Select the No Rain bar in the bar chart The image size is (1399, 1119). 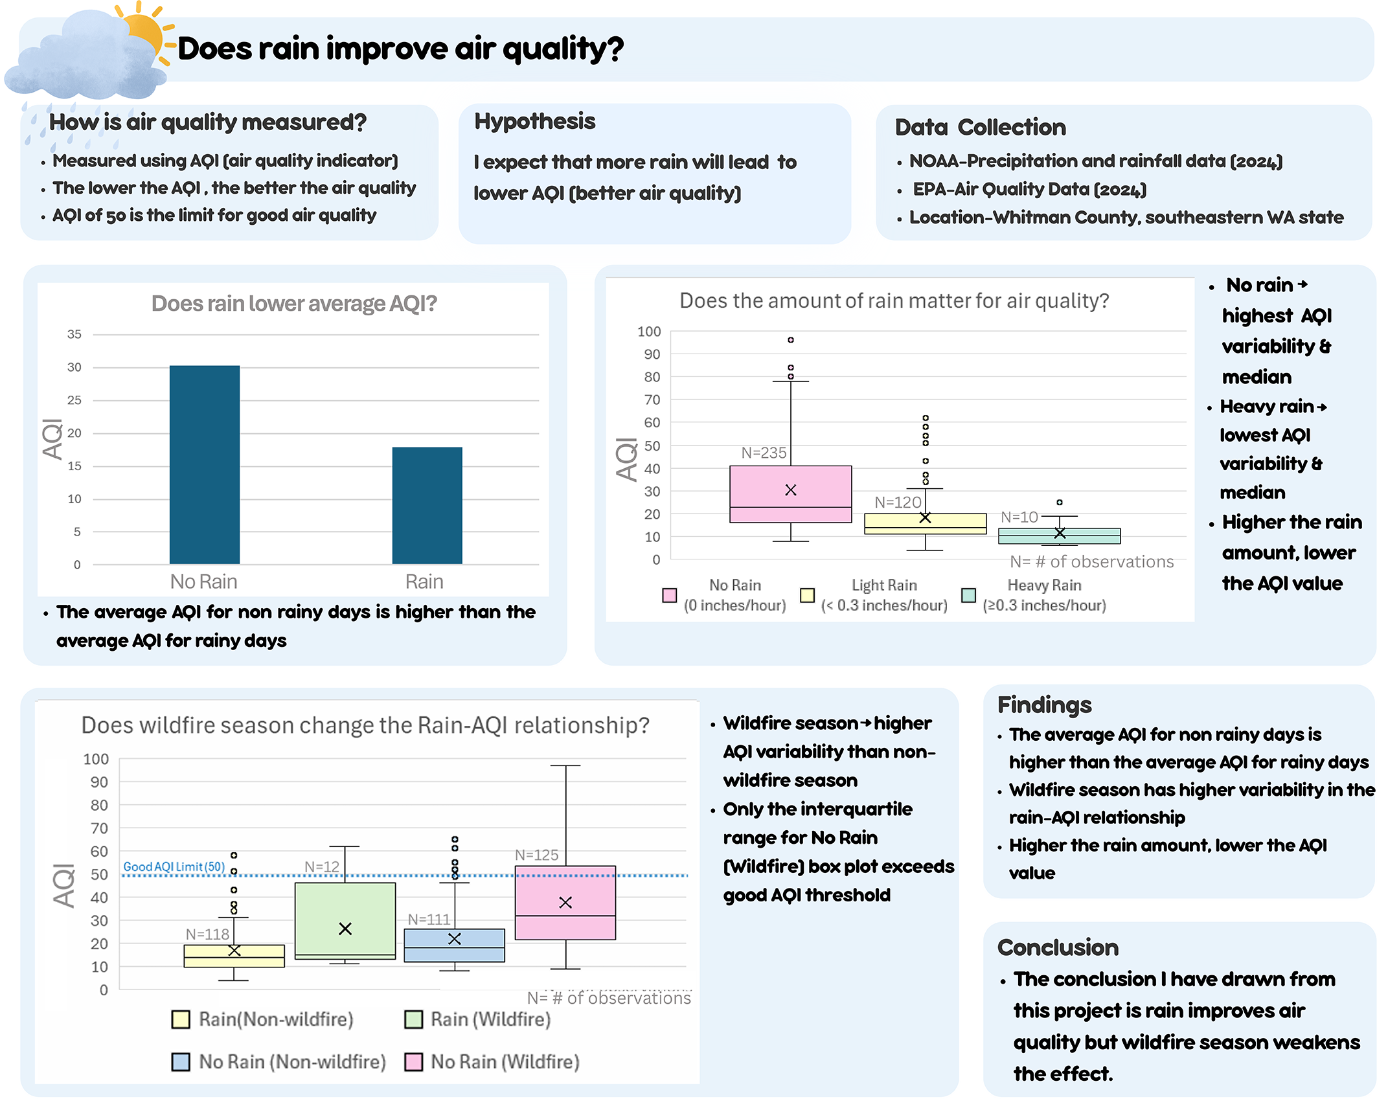[x=205, y=464]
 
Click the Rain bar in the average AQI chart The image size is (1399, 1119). [x=427, y=505]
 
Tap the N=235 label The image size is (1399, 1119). [x=764, y=453]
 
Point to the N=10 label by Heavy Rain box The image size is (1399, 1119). [x=1019, y=517]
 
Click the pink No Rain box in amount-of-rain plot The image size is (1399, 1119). [x=790, y=494]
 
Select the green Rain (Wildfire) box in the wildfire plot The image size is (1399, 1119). [x=345, y=920]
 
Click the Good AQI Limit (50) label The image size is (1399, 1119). [x=174, y=866]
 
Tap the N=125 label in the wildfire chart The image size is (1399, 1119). [x=537, y=855]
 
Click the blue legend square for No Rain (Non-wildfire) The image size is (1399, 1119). [x=181, y=1062]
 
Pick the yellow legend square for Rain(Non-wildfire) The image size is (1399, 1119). [x=181, y=1019]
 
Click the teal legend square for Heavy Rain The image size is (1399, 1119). [x=968, y=595]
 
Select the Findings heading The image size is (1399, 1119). [x=1044, y=705]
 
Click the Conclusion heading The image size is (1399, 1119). [x=1058, y=948]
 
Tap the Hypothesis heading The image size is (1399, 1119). [x=535, y=122]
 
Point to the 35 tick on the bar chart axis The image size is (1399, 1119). [x=74, y=334]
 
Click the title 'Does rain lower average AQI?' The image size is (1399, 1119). [x=294, y=303]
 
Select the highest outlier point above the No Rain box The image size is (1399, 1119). [x=790, y=340]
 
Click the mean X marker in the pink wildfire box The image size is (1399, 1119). [x=565, y=902]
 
